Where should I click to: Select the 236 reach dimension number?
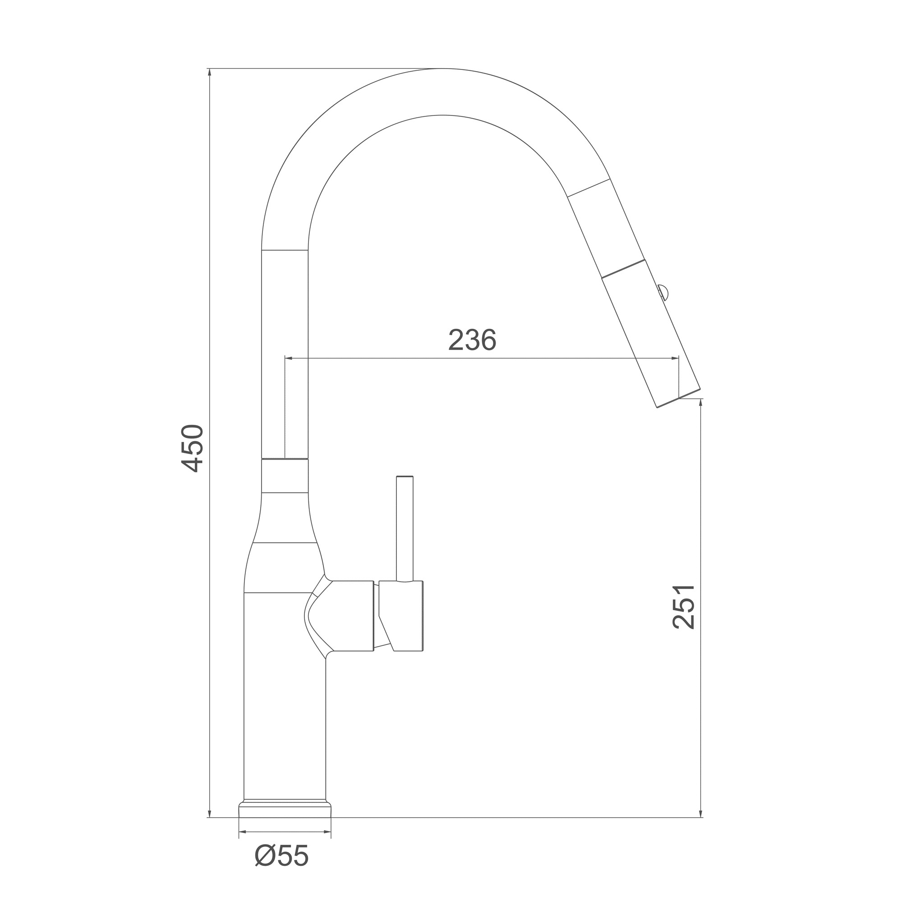472,340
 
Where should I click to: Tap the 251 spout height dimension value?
684,607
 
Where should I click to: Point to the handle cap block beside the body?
401,616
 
